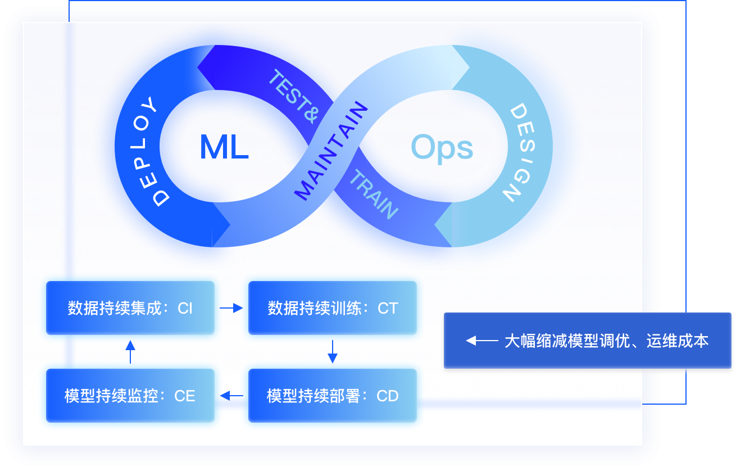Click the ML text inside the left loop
click(224, 148)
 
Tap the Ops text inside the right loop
click(442, 148)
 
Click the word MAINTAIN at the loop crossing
click(331, 151)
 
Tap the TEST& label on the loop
click(293, 96)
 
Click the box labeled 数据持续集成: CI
click(130, 308)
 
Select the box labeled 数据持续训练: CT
click(333, 308)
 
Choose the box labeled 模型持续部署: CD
click(333, 396)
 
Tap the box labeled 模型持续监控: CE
click(130, 396)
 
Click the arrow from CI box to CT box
click(231, 308)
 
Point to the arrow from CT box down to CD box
click(333, 351)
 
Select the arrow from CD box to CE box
click(231, 396)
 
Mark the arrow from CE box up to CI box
click(130, 351)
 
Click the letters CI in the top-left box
click(185, 309)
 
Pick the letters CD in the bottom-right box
click(387, 396)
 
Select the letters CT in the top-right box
click(387, 309)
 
